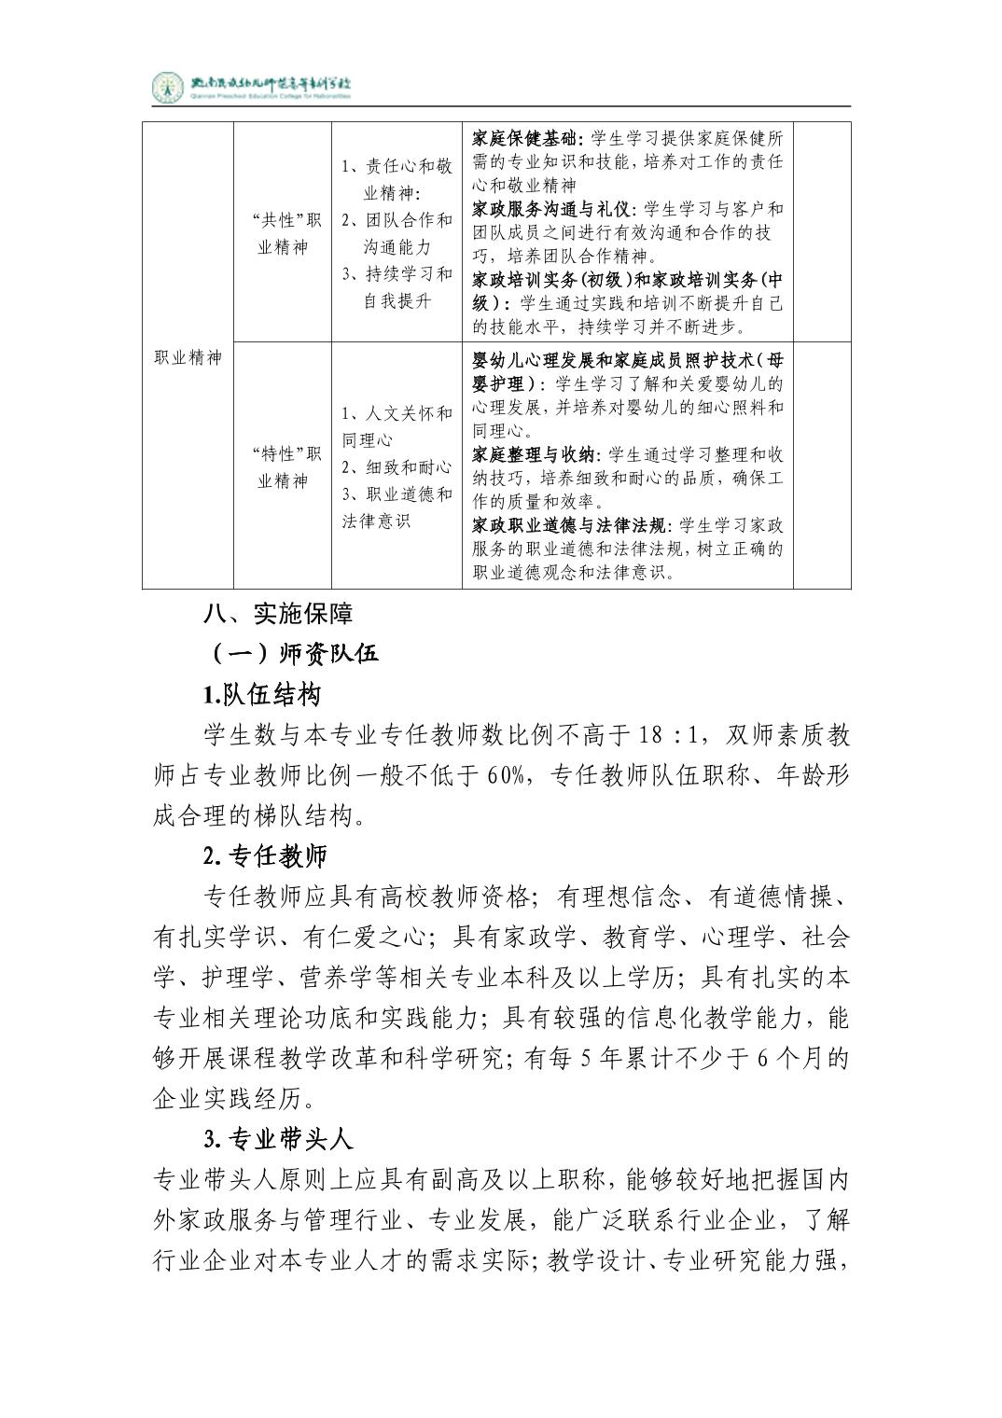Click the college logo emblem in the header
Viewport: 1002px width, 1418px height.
tap(169, 88)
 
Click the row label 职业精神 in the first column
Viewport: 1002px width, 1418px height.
tap(188, 356)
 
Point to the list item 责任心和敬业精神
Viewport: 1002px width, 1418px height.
tap(396, 179)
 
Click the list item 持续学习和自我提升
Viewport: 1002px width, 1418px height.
tap(396, 286)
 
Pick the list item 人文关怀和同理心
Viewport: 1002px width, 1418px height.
tap(396, 425)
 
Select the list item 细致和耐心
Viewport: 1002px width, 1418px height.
tap(396, 466)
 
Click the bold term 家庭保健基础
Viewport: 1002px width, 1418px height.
tap(525, 139)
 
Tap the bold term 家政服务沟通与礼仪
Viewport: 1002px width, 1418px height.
tap(551, 209)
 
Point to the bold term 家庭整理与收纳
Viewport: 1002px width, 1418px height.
tap(536, 454)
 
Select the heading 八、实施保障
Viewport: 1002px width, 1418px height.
tap(278, 614)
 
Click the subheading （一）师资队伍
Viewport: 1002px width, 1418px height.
tap(291, 654)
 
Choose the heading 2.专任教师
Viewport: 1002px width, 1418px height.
tap(265, 855)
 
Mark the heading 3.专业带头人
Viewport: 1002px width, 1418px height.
tap(277, 1139)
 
